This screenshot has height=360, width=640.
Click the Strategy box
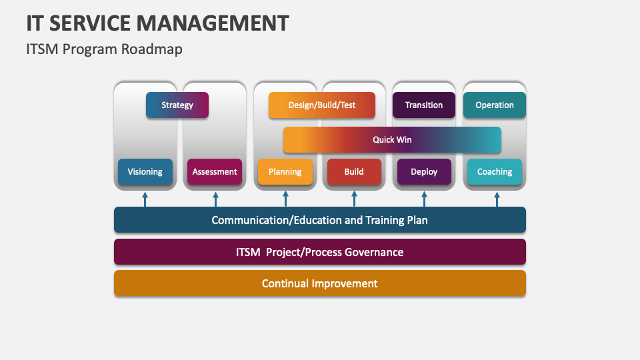(x=177, y=105)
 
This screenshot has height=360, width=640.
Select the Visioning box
(x=145, y=171)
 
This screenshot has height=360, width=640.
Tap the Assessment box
(x=215, y=171)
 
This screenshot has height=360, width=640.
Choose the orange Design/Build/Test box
(x=322, y=105)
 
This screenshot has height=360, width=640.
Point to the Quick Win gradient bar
(x=392, y=140)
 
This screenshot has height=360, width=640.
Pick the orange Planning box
(x=285, y=171)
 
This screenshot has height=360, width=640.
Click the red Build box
(x=354, y=171)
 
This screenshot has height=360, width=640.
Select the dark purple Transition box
(x=424, y=105)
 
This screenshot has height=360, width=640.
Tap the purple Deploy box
(x=424, y=171)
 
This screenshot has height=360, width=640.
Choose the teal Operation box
(x=495, y=105)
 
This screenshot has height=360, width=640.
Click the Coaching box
(x=495, y=171)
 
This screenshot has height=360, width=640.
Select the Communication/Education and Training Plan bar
(x=320, y=220)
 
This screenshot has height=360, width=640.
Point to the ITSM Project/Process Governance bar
(x=320, y=252)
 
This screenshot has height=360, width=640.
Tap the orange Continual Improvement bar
(x=320, y=283)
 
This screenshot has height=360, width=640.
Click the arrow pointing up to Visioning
(x=145, y=199)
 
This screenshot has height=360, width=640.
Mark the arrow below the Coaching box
(x=497, y=199)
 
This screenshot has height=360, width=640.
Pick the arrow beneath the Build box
(x=354, y=199)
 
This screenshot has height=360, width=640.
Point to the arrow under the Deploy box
(x=424, y=199)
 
